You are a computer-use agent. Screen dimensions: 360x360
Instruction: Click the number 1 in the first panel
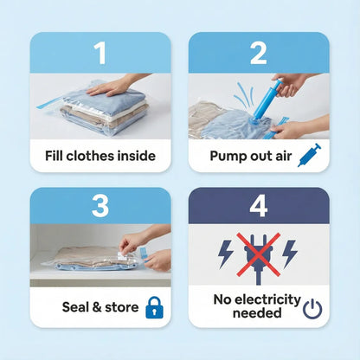pos(100,53)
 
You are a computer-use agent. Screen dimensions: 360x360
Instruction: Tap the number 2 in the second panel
pos(259,53)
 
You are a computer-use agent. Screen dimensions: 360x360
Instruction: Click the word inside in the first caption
pos(135,156)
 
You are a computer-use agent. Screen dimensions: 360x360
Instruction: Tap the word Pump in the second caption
pos(228,156)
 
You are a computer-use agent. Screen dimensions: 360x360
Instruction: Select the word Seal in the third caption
pos(78,306)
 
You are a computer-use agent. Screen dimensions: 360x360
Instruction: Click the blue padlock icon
pos(154,306)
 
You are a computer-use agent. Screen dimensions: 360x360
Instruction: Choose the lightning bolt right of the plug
pos(292,253)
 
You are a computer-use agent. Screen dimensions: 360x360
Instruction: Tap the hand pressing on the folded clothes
pos(112,86)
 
